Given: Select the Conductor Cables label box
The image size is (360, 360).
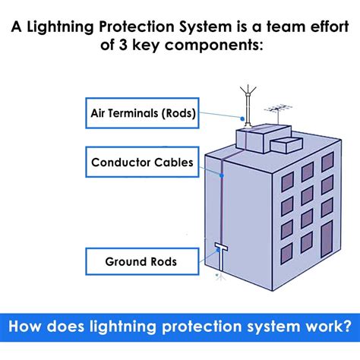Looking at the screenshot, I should [141, 162].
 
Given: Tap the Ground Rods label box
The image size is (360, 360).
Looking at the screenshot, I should [141, 261].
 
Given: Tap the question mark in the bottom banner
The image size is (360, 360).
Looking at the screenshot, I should [346, 327].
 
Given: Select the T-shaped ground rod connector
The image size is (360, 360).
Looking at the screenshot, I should [221, 248].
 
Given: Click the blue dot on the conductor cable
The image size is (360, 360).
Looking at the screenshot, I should [221, 175].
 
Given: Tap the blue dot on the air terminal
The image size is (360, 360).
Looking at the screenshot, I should [246, 118].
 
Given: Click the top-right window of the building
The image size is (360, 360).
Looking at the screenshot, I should [327, 162].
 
